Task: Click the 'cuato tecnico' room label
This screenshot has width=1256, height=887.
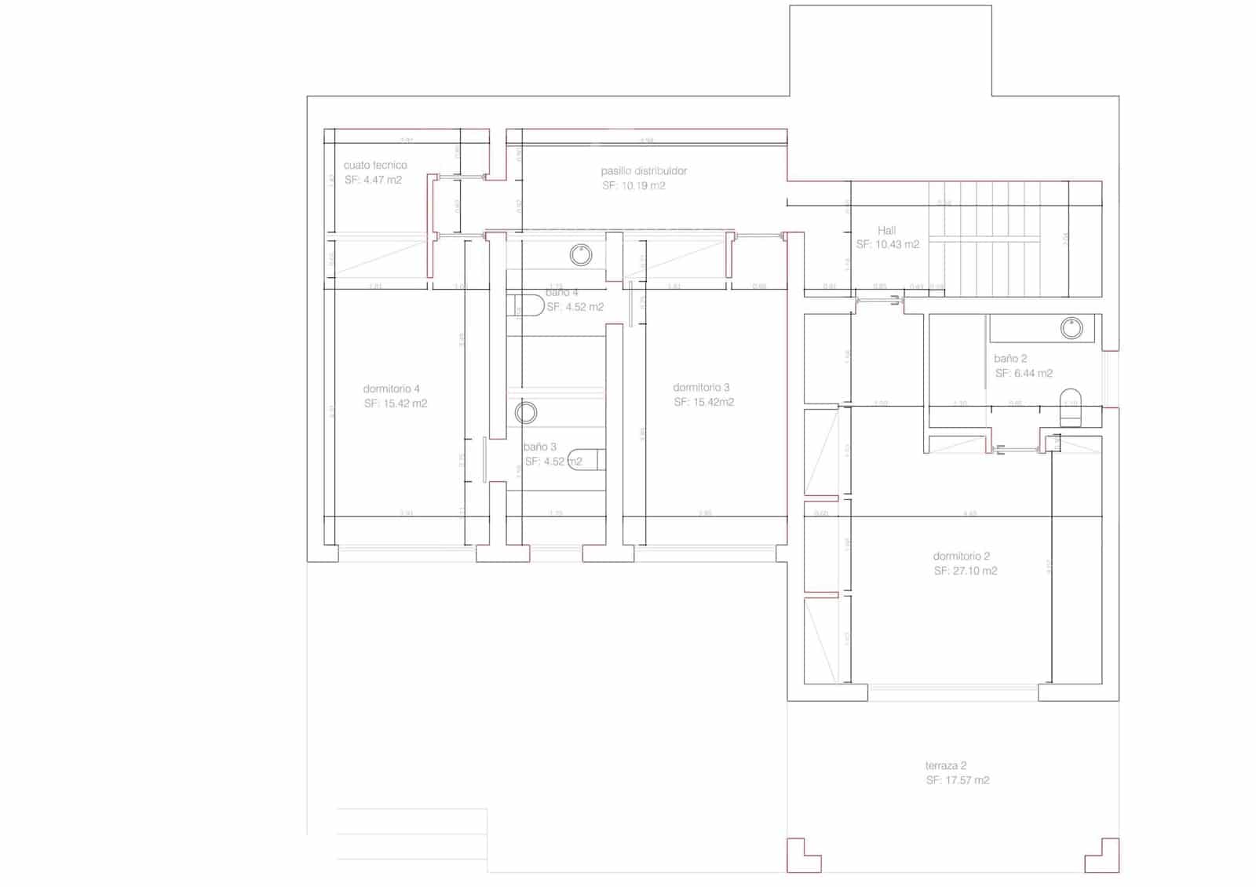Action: (375, 165)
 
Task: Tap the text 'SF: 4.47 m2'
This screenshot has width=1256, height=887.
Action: (373, 180)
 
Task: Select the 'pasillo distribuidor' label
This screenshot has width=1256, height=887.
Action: (644, 170)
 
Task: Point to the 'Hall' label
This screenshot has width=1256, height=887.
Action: (886, 230)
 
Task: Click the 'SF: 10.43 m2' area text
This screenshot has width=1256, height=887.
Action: (887, 244)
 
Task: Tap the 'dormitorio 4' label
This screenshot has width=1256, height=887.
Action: (391, 389)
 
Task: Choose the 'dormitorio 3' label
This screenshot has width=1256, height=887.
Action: (701, 387)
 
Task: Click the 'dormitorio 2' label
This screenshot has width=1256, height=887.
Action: (961, 556)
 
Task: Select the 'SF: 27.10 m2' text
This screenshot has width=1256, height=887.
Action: (965, 571)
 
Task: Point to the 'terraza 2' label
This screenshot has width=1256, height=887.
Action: (945, 765)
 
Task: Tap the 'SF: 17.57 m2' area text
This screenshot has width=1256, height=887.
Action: (957, 780)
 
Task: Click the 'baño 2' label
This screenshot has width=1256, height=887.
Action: (1010, 358)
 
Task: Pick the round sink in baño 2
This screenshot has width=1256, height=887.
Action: (1072, 327)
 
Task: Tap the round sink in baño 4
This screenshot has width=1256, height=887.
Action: (580, 254)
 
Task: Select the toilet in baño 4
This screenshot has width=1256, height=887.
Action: (525, 305)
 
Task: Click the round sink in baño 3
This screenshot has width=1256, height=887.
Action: (526, 412)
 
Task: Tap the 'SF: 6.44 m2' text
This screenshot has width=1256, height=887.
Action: (1024, 373)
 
